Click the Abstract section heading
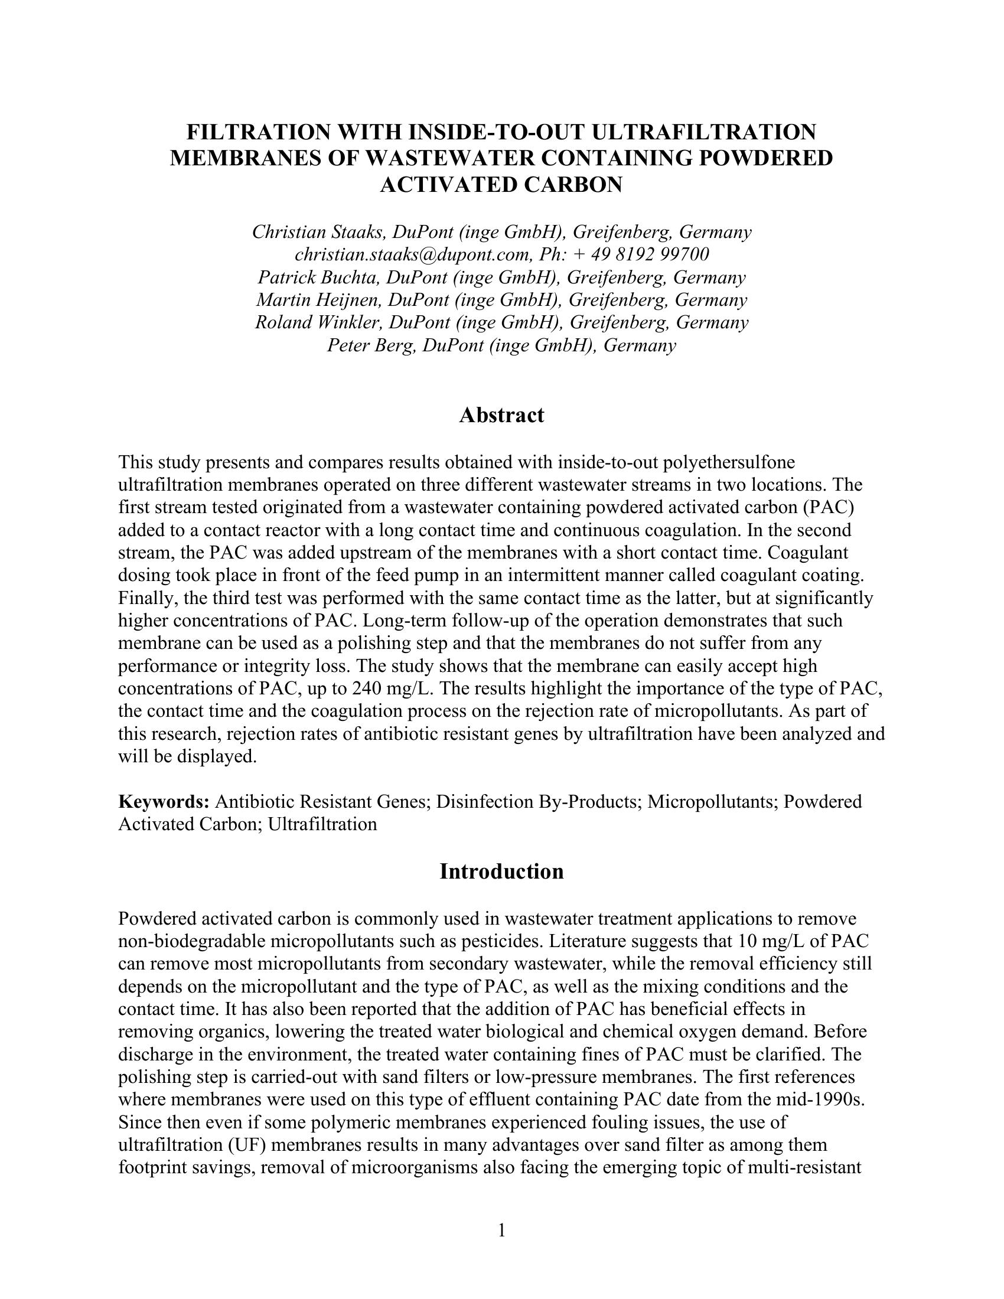501,415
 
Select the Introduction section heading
501,872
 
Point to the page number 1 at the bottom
501,1230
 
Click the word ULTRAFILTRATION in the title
703,132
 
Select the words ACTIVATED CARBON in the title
501,185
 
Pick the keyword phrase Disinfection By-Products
537,802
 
